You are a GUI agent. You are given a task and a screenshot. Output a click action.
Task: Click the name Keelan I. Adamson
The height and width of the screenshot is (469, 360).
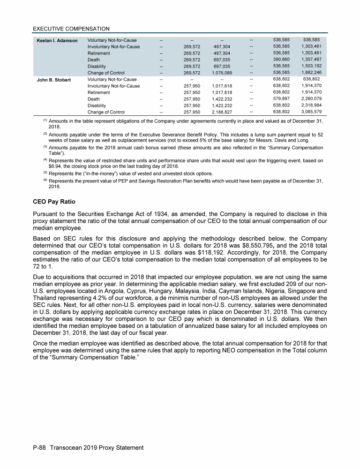57,40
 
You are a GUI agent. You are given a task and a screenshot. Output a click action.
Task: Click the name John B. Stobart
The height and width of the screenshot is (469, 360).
54,80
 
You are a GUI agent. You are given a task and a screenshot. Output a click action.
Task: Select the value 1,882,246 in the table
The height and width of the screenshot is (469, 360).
311,73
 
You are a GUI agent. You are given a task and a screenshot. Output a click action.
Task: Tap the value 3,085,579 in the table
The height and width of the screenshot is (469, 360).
311,113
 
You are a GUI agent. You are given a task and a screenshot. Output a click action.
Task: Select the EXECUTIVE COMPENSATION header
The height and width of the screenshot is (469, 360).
71,29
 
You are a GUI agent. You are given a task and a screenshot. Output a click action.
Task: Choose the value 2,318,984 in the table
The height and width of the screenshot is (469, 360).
311,106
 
